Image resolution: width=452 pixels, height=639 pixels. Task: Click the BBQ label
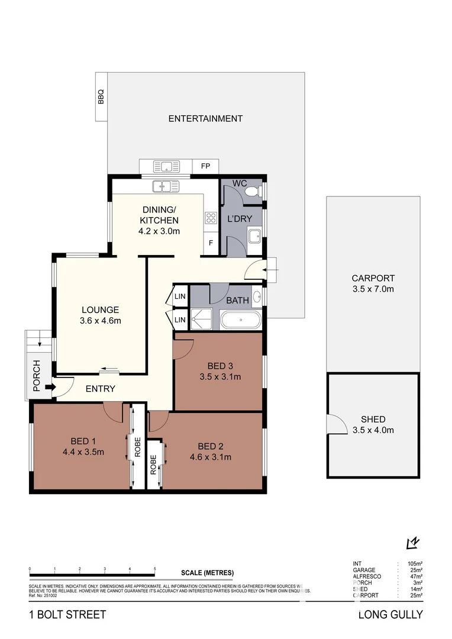(101, 96)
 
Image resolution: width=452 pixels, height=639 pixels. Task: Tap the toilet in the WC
(253, 191)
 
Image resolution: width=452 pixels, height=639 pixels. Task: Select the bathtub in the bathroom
(240, 321)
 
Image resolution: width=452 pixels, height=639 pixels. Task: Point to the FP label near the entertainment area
(206, 166)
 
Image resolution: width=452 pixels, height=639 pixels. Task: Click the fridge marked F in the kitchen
(210, 243)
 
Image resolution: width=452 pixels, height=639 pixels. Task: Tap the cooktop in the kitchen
(210, 217)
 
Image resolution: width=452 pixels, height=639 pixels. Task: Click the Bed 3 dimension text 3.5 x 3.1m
(220, 376)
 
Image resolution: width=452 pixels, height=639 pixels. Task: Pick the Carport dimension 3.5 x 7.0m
(373, 289)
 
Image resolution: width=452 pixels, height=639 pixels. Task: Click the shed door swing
(336, 424)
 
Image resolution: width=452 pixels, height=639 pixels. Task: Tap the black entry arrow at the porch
(49, 388)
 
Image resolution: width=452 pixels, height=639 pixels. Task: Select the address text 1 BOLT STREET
(67, 615)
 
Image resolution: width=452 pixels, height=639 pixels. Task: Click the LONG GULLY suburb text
(390, 615)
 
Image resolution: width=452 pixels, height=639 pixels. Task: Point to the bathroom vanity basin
(256, 296)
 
